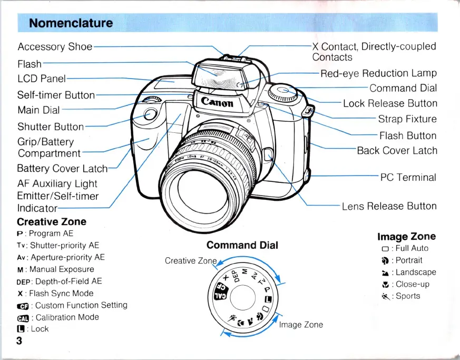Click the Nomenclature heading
(71, 23)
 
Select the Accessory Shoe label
(55, 46)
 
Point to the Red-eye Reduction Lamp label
(379, 73)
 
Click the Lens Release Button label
(389, 206)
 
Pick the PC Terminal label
(408, 177)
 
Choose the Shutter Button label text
(51, 127)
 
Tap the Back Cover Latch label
(397, 151)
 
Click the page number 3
(19, 340)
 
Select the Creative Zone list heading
(52, 222)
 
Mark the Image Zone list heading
(407, 237)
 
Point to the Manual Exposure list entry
(55, 269)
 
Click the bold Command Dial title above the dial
(242, 245)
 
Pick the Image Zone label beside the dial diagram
(301, 325)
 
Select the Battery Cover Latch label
(62, 169)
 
